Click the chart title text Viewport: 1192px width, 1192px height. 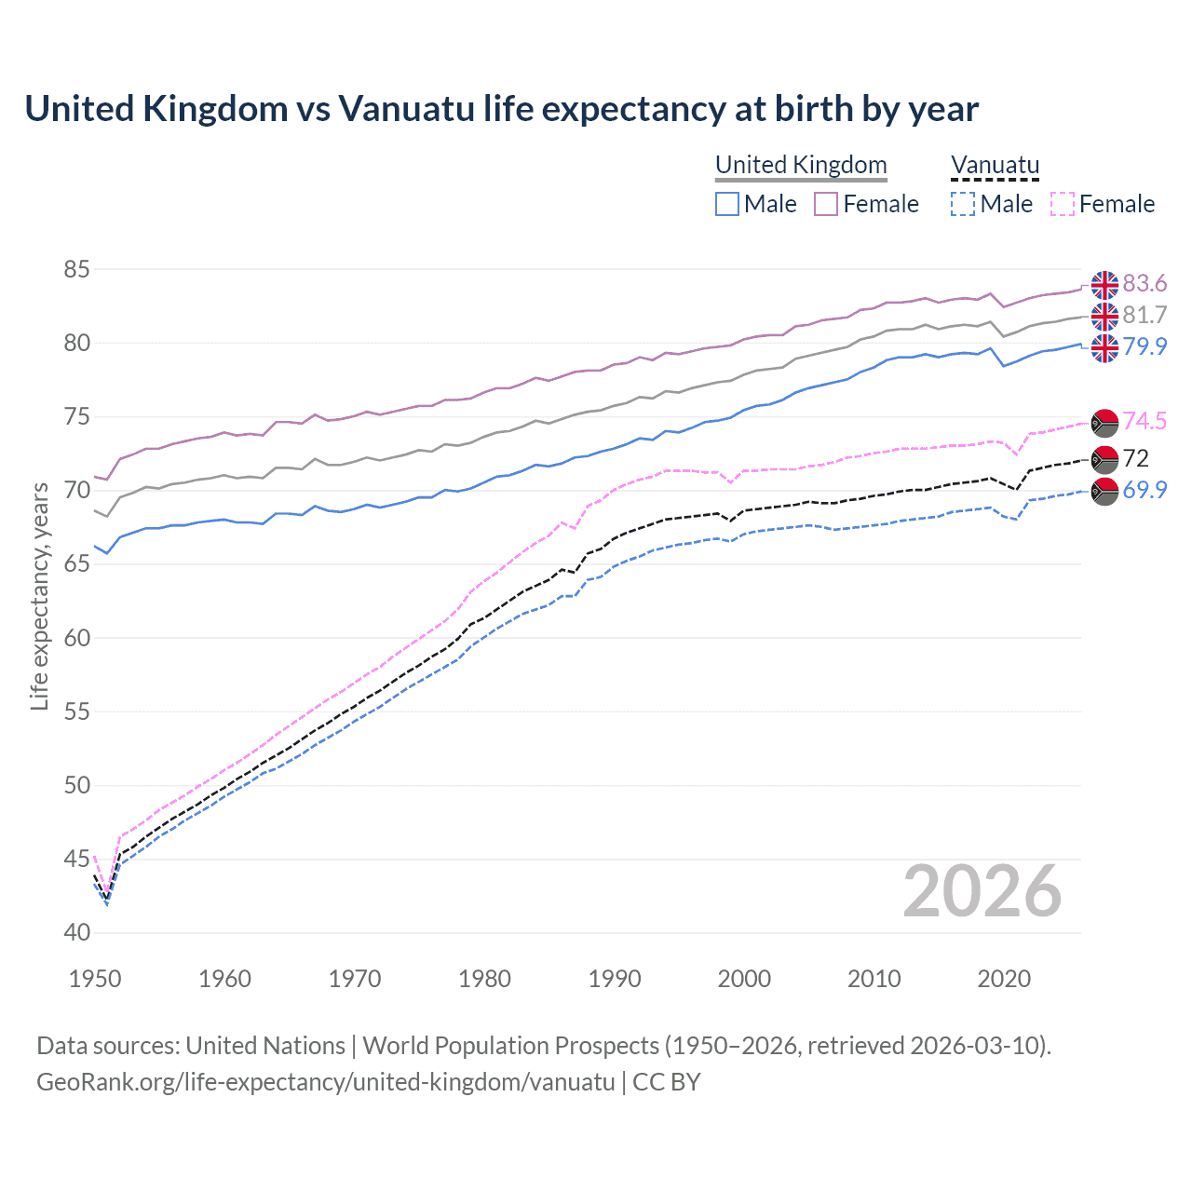coord(501,109)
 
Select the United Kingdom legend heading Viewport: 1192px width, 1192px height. coord(801,165)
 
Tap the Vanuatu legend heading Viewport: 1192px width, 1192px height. coord(995,165)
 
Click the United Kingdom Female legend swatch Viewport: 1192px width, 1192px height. coord(826,204)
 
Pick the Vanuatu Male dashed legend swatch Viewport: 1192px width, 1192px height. coord(962,204)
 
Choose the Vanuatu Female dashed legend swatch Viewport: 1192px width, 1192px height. coord(1062,204)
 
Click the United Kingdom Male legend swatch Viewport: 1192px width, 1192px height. coord(727,204)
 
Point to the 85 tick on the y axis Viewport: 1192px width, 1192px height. coord(76,270)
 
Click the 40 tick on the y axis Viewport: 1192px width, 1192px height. coord(76,932)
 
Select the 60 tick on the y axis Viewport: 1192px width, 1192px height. coord(76,638)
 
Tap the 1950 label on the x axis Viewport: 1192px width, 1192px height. coord(95,979)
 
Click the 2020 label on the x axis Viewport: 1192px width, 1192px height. coord(1004,979)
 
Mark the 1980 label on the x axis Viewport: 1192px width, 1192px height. coord(484,979)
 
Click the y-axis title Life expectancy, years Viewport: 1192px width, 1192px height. coord(39,596)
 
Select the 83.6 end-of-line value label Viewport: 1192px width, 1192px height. coord(1145,283)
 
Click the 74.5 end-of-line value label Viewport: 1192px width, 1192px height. coord(1145,421)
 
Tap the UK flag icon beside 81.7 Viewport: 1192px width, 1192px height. coord(1104,317)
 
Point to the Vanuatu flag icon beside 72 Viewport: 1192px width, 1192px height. coord(1104,459)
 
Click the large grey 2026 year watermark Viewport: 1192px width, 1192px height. coord(982,891)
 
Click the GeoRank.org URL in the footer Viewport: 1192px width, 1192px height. coord(325,1082)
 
